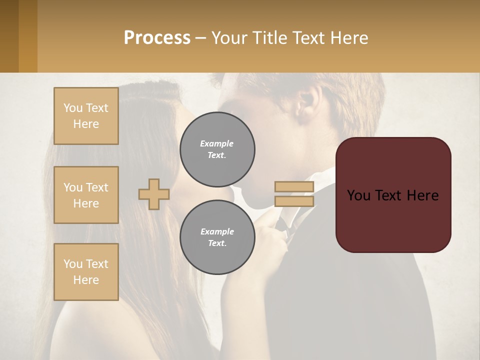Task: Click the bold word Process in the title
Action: [x=157, y=37]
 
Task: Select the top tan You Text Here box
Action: [x=86, y=116]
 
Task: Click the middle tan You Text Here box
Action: [x=86, y=195]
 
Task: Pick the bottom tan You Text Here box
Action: [x=86, y=272]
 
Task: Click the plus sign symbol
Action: [x=154, y=194]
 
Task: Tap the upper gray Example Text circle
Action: [x=217, y=149]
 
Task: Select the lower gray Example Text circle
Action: [x=217, y=237]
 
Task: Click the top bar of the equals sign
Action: [x=294, y=186]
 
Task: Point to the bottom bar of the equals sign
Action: [x=294, y=201]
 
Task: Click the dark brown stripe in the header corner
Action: [x=9, y=36]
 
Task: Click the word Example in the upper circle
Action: [x=217, y=143]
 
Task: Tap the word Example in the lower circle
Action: [x=217, y=231]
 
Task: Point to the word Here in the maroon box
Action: [x=423, y=195]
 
